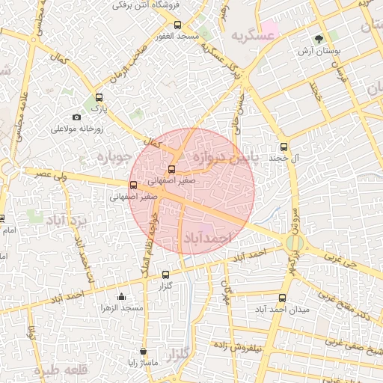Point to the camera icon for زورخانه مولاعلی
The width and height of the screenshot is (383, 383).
point(76,117)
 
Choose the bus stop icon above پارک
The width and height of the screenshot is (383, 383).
point(99,97)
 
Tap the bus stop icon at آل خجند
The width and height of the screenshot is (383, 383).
point(284,147)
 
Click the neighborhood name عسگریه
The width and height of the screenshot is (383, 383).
point(248,35)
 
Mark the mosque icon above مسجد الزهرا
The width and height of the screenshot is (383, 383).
point(122,296)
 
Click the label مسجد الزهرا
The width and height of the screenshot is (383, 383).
point(121,307)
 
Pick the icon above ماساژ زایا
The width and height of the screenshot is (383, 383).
point(144,351)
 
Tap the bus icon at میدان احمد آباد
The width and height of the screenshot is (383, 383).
point(281,298)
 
